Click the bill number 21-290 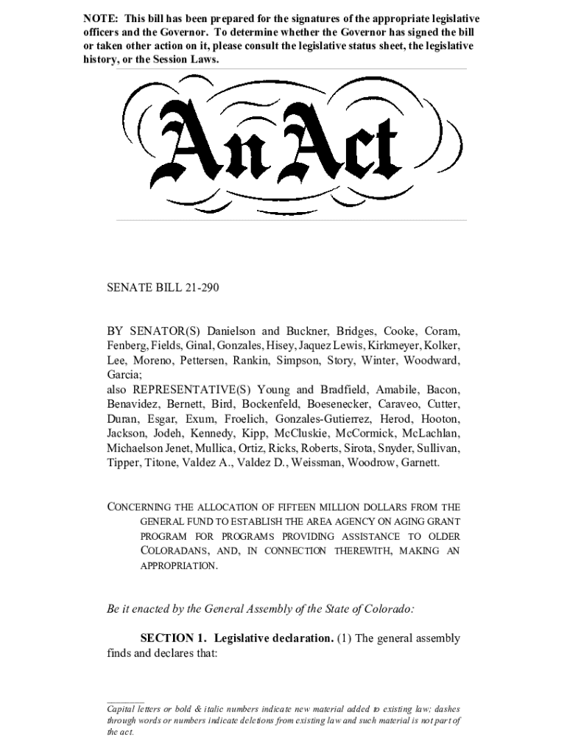click(x=197, y=287)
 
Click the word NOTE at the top click(x=99, y=18)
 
